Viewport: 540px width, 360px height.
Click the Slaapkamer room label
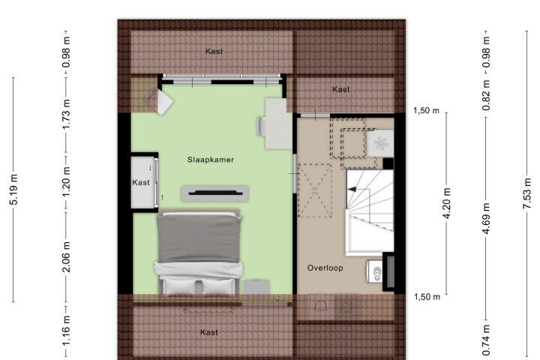click(x=211, y=160)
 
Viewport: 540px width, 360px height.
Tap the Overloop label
click(x=325, y=268)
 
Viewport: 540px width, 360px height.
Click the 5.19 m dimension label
click(x=13, y=190)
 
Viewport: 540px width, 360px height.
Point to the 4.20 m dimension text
click(x=447, y=203)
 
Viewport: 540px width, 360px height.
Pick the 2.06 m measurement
click(x=66, y=257)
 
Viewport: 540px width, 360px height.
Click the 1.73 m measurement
click(x=66, y=114)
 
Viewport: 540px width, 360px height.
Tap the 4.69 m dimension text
click(x=486, y=218)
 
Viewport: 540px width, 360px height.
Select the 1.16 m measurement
click(x=66, y=330)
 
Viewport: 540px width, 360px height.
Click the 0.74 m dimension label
click(x=486, y=340)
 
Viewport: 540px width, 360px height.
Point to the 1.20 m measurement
click(x=66, y=181)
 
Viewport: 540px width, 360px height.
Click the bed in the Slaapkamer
click(x=199, y=253)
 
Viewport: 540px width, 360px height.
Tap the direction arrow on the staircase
click(x=352, y=189)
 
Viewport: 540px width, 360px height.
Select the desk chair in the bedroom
click(x=261, y=126)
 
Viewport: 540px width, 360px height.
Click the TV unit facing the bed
click(x=215, y=193)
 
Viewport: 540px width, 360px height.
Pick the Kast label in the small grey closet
click(x=141, y=182)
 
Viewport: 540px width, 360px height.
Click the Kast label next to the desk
click(x=341, y=89)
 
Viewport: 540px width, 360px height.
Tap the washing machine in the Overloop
click(x=379, y=143)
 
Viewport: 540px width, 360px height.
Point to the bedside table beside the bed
click(x=256, y=287)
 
